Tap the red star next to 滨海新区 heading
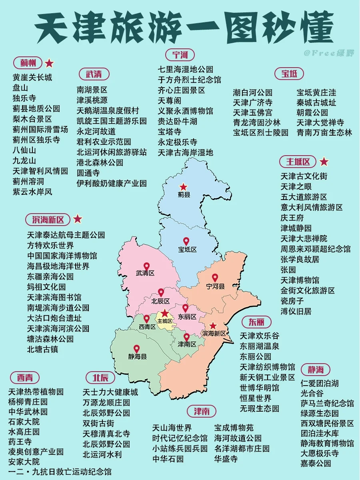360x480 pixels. (x=78, y=219)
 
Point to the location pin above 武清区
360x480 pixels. (x=146, y=266)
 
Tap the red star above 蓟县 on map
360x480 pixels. (x=183, y=186)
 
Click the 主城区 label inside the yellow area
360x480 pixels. (x=165, y=321)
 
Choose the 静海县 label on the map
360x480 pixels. (x=138, y=356)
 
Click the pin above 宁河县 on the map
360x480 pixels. (x=215, y=278)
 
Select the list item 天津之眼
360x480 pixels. (x=296, y=186)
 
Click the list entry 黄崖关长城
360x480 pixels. (x=32, y=77)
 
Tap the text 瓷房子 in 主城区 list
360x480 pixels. (x=292, y=301)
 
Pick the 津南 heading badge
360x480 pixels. (x=201, y=411)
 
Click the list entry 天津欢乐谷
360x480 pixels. (x=259, y=336)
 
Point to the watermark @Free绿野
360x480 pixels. (x=328, y=53)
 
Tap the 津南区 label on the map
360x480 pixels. (x=187, y=344)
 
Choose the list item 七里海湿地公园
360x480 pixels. (x=185, y=69)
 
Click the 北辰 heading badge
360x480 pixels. (x=100, y=378)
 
